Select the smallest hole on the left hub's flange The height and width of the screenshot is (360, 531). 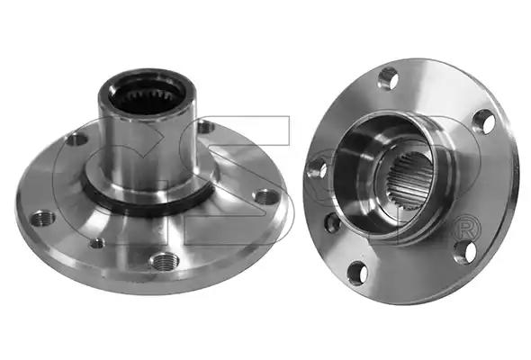tap(97, 243)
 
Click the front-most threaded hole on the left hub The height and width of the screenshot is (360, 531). tap(164, 261)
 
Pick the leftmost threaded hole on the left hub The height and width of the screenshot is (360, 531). tap(43, 219)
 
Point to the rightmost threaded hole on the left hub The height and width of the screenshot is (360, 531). tap(266, 197)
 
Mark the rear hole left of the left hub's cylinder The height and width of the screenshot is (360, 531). tap(76, 139)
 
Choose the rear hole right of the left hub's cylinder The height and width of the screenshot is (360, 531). tap(206, 128)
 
